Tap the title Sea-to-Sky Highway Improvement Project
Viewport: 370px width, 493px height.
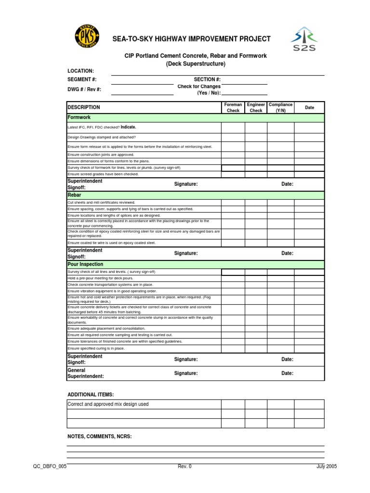[x=191, y=39]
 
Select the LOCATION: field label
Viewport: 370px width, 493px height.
[x=80, y=71]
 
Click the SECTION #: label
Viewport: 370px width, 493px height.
[x=207, y=79]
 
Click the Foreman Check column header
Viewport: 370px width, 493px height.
[x=233, y=107]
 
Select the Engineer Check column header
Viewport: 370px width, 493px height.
[x=256, y=107]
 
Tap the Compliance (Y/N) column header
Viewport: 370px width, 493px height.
[x=280, y=107]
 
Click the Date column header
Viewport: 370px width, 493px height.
[x=309, y=107]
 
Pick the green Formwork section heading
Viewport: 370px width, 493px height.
[x=79, y=117]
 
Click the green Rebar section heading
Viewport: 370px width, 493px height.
[x=74, y=195]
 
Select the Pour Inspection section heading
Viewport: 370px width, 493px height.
[x=85, y=264]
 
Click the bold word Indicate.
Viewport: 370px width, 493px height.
[x=128, y=127]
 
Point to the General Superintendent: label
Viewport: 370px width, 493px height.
[x=85, y=373]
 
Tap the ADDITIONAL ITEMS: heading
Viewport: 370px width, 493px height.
[x=91, y=395]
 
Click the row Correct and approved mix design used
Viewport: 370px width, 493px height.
[x=108, y=404]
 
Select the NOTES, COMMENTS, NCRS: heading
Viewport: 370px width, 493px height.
[x=99, y=437]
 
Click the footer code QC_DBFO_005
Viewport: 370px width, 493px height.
[x=50, y=466]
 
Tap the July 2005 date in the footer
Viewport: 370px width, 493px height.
[x=326, y=466]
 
